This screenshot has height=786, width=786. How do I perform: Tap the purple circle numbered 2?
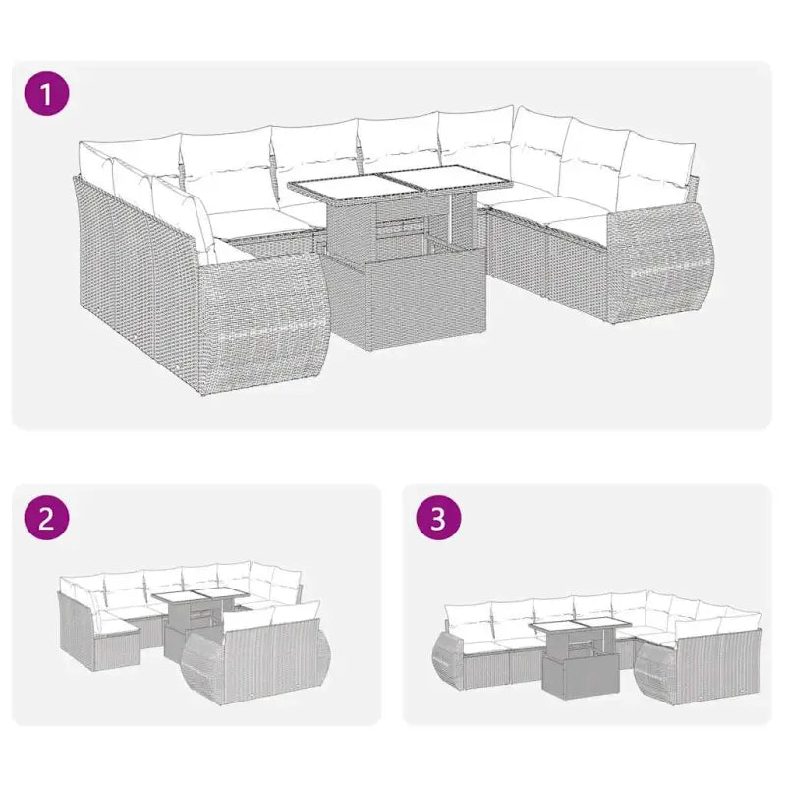tap(45, 520)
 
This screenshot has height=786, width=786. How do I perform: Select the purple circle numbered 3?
tap(438, 520)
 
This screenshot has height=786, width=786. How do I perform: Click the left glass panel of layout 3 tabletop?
tap(553, 629)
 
